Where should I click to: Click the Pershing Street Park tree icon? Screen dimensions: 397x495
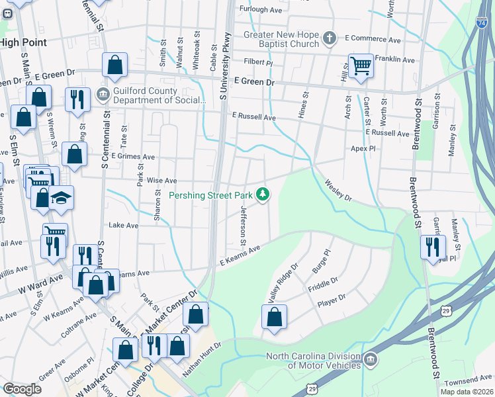click(264, 194)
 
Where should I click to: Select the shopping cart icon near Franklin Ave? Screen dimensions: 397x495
click(361, 66)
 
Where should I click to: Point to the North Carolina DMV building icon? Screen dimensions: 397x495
click(371, 360)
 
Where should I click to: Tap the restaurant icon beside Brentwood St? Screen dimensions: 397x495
click(433, 247)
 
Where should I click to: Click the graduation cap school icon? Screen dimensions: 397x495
click(61, 198)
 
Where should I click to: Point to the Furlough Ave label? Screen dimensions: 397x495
click(261, 10)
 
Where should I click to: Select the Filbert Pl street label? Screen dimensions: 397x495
click(257, 63)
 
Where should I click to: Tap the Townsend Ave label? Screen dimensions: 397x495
click(469, 381)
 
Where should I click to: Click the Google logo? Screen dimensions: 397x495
click(22, 388)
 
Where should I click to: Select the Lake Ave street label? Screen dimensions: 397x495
click(123, 225)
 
